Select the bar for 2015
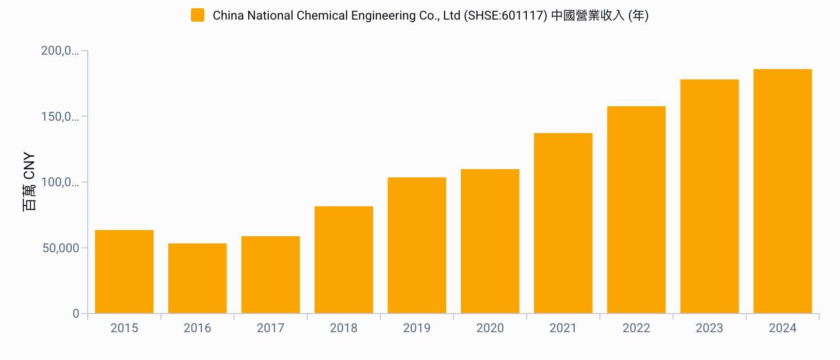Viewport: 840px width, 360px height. pyautogui.click(x=124, y=272)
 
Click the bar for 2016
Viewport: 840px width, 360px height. pyautogui.click(x=198, y=279)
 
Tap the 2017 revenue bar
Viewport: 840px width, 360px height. pyautogui.click(x=270, y=275)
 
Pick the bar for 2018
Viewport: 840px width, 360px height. pyautogui.click(x=344, y=260)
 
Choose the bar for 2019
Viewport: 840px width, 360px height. pyautogui.click(x=417, y=246)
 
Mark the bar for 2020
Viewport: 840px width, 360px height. pyautogui.click(x=490, y=241)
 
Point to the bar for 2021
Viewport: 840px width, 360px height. pyautogui.click(x=563, y=223)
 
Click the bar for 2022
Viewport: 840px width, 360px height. pyautogui.click(x=636, y=210)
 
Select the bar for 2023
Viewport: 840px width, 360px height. pyautogui.click(x=709, y=197)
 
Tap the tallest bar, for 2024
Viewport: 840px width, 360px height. pyautogui.click(x=783, y=191)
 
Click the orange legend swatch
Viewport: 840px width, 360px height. pyautogui.click(x=198, y=15)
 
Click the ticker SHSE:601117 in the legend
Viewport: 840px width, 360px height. pyautogui.click(x=505, y=15)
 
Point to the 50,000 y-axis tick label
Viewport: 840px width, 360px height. pyautogui.click(x=61, y=248)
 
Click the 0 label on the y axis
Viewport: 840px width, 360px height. pyautogui.click(x=76, y=314)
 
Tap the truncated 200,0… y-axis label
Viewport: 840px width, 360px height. pyautogui.click(x=60, y=51)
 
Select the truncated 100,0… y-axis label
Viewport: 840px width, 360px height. pyautogui.click(x=60, y=182)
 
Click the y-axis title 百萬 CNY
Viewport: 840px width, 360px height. pyautogui.click(x=29, y=182)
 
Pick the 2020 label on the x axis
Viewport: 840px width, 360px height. pyautogui.click(x=490, y=328)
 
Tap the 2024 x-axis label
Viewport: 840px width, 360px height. pyautogui.click(x=783, y=328)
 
